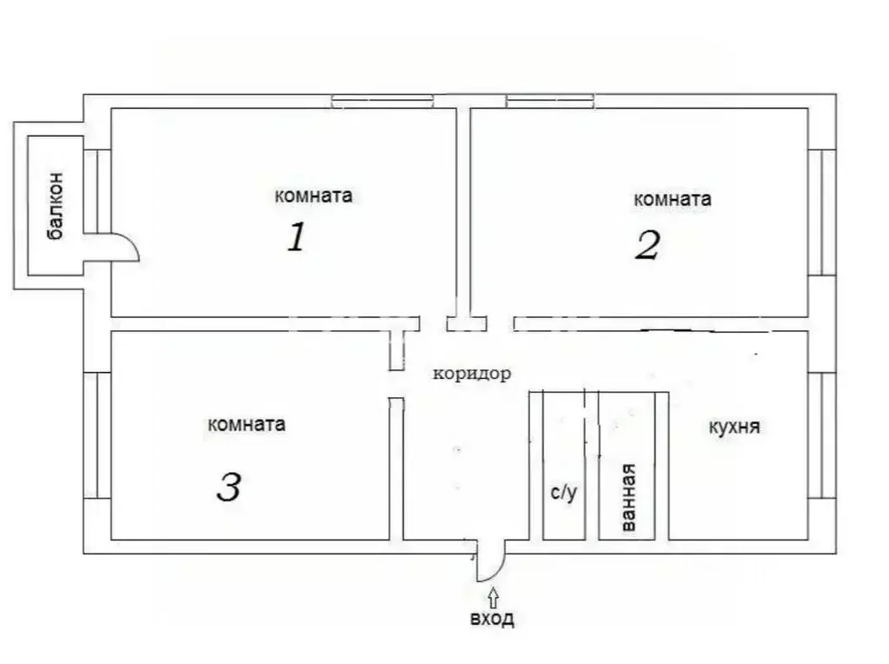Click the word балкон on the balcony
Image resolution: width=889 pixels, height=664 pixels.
(x=56, y=210)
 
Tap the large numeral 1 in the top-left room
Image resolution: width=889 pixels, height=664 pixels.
(x=296, y=236)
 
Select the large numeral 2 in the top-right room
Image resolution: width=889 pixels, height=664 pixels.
(x=647, y=245)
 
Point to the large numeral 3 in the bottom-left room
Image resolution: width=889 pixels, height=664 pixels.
(x=229, y=488)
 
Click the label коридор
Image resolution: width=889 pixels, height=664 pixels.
(x=472, y=374)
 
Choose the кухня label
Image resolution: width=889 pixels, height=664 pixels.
(x=734, y=428)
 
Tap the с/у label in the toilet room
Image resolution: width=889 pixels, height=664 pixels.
(x=563, y=494)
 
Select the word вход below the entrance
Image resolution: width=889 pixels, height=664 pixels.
(x=492, y=619)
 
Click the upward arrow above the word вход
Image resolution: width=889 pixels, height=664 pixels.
(x=494, y=596)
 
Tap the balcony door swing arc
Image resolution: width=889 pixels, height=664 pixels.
(x=126, y=248)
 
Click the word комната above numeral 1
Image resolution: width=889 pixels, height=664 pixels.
(x=313, y=196)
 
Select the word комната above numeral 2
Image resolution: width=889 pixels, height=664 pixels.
(x=673, y=199)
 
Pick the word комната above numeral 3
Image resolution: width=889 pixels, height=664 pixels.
(x=247, y=425)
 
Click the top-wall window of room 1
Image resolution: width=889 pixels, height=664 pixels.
(x=381, y=102)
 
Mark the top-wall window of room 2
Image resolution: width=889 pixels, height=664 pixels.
(x=550, y=102)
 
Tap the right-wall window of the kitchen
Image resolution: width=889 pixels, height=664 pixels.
(x=821, y=435)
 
